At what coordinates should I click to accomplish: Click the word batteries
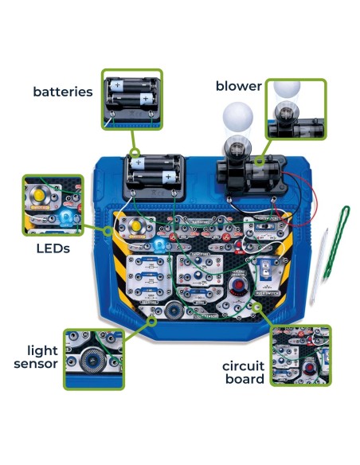point(62,92)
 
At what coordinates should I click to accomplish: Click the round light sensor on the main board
point(175,311)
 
